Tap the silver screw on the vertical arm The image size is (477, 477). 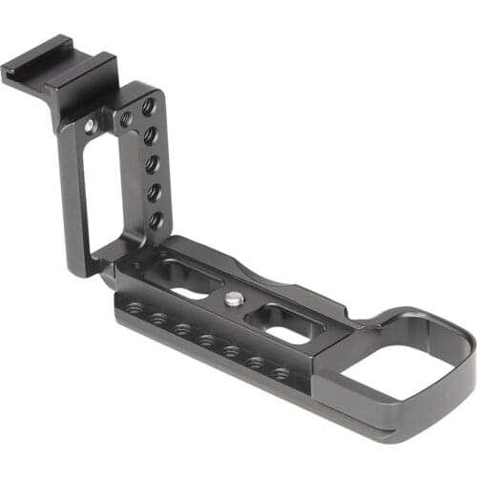point(91,125)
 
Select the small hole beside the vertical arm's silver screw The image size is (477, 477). point(126,118)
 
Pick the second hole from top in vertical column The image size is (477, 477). point(150,135)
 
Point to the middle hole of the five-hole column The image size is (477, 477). point(153,163)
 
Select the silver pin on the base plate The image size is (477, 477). point(234,299)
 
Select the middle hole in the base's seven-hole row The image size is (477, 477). point(204,339)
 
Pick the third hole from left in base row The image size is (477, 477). point(180,329)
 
